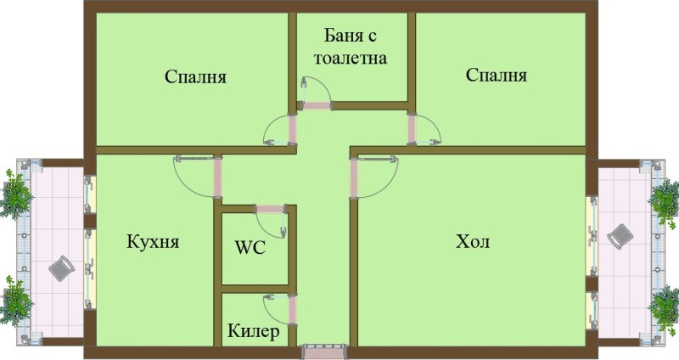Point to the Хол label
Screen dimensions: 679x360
[x=473, y=242]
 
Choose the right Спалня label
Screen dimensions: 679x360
[x=497, y=75]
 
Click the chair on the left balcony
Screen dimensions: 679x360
[x=61, y=269]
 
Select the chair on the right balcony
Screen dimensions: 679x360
[x=620, y=236]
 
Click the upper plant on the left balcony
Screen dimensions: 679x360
[x=16, y=194]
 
